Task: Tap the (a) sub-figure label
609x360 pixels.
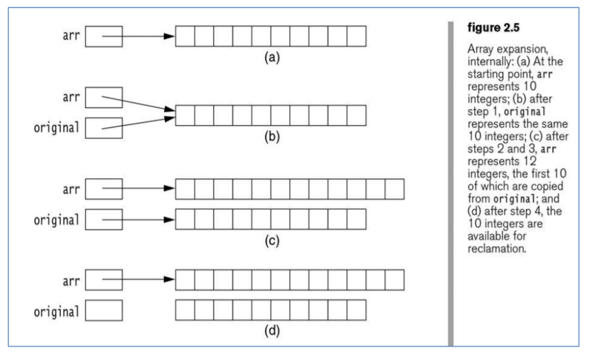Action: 270,57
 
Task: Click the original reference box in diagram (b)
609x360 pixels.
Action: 103,128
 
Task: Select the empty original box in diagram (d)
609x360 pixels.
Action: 103,311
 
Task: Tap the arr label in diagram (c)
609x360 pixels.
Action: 70,189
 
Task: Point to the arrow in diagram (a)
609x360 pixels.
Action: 137,37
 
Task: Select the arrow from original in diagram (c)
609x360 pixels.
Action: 137,220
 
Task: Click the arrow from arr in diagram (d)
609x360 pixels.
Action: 137,281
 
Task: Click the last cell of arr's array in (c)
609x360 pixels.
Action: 395,189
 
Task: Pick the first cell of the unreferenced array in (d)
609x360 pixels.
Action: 185,311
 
